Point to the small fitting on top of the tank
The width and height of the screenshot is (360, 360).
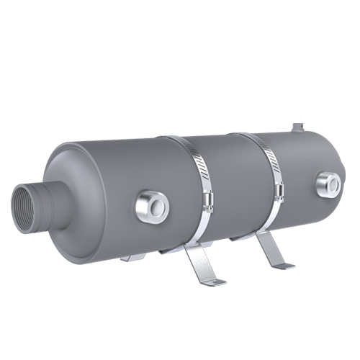296,128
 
